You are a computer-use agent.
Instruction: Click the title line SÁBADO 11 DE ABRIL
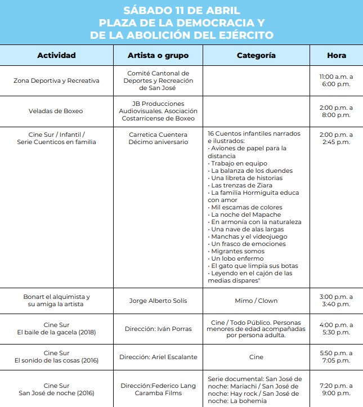[181, 11]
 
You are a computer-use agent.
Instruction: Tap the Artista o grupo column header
[158, 56]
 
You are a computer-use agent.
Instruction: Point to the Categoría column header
[256, 56]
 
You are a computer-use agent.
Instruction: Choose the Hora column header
[336, 56]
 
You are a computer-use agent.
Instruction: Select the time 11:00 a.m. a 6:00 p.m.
[336, 80]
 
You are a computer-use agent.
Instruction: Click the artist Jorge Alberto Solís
[158, 301]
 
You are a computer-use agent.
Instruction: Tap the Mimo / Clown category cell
[256, 301]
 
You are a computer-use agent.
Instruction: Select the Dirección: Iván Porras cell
[158, 329]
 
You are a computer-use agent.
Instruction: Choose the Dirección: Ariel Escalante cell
[158, 357]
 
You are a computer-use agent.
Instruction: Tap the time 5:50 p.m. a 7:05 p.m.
[336, 357]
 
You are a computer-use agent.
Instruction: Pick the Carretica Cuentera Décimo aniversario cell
[158, 138]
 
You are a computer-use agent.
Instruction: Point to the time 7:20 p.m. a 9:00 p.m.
[336, 389]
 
